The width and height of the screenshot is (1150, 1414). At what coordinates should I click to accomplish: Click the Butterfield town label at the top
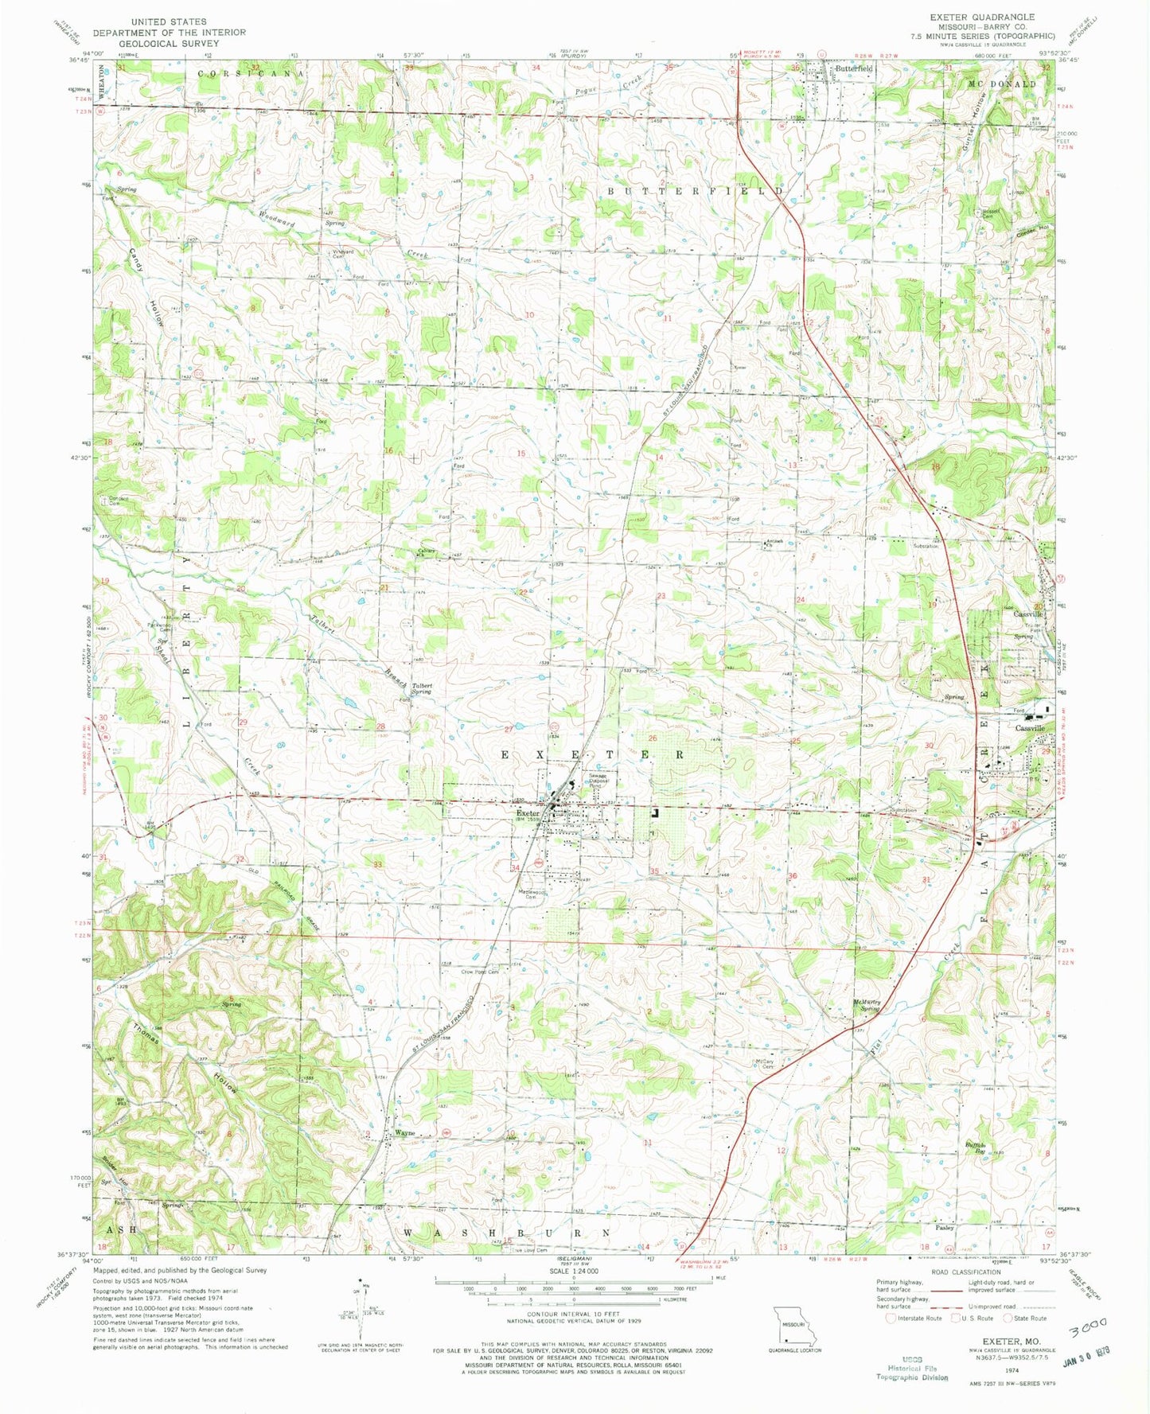click(854, 69)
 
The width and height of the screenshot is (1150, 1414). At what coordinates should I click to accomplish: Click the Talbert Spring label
click(421, 688)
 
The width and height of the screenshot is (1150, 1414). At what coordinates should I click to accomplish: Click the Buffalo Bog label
click(976, 1147)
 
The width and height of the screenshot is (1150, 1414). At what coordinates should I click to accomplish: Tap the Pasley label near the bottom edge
click(945, 1228)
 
